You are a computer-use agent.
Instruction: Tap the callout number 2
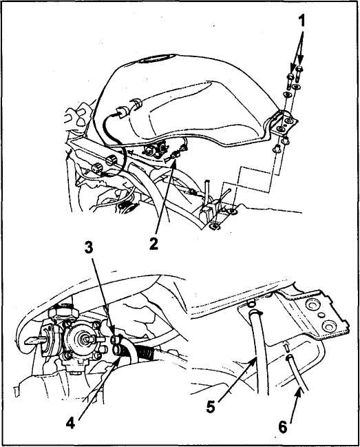click(x=153, y=244)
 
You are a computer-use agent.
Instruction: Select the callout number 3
click(x=89, y=248)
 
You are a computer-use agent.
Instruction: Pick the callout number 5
click(x=211, y=407)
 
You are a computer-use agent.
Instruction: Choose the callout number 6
click(x=283, y=427)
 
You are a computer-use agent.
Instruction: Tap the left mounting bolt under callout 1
click(x=290, y=81)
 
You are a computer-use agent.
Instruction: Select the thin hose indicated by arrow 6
click(x=296, y=373)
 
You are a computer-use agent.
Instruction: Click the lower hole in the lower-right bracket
click(x=328, y=325)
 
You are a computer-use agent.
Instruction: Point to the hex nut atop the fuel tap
click(x=63, y=313)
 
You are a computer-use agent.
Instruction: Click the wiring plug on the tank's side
click(x=123, y=111)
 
